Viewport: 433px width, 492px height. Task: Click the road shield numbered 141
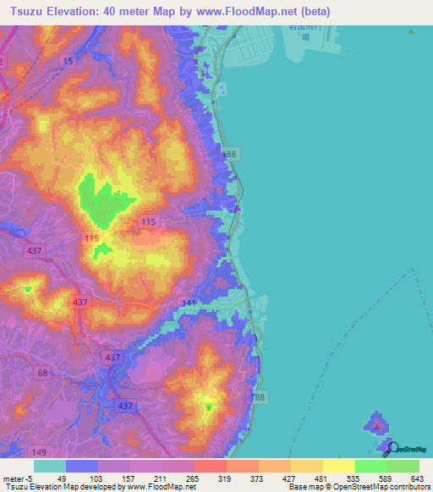point(189,303)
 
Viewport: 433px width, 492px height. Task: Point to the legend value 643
point(417,478)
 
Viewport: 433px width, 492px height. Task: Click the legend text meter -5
point(19,478)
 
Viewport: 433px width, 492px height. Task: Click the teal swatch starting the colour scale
point(49,466)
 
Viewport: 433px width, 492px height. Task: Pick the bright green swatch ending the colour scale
point(403,466)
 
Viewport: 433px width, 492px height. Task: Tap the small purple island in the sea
point(375,422)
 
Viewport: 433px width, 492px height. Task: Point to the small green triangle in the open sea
point(410,31)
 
